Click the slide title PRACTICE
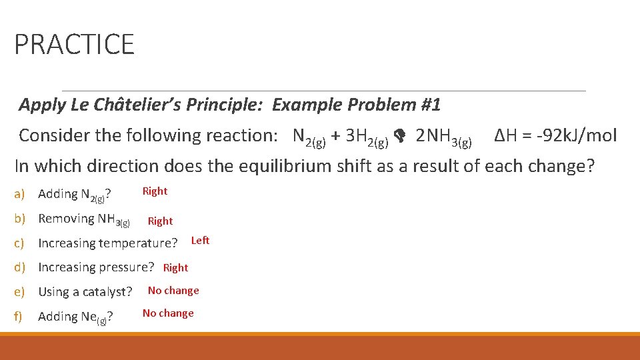[74, 45]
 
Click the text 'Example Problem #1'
[356, 105]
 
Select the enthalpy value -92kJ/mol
[555, 136]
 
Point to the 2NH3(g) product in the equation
[443, 137]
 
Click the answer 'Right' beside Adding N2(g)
[155, 191]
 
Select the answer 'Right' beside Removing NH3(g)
[160, 221]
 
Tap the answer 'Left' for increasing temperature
[200, 241]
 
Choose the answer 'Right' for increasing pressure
[175, 268]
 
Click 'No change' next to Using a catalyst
[173, 291]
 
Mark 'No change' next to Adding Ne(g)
[168, 313]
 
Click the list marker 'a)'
[19, 194]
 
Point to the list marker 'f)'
[19, 317]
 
